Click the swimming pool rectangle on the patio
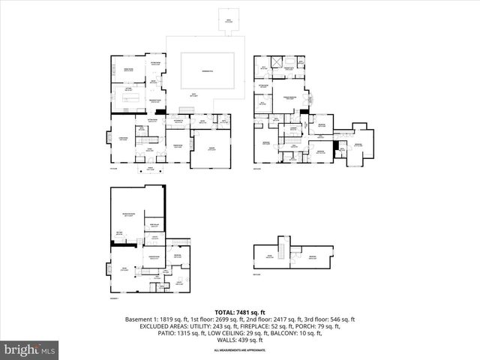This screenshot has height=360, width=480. coord(206,71)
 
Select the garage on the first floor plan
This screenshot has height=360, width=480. coord(212,148)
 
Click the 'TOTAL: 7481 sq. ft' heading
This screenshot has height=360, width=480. coord(240,312)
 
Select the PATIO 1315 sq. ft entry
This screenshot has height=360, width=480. coord(170,333)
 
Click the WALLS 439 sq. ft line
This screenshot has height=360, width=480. coord(240,340)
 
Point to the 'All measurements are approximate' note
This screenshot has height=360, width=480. coord(240,350)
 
